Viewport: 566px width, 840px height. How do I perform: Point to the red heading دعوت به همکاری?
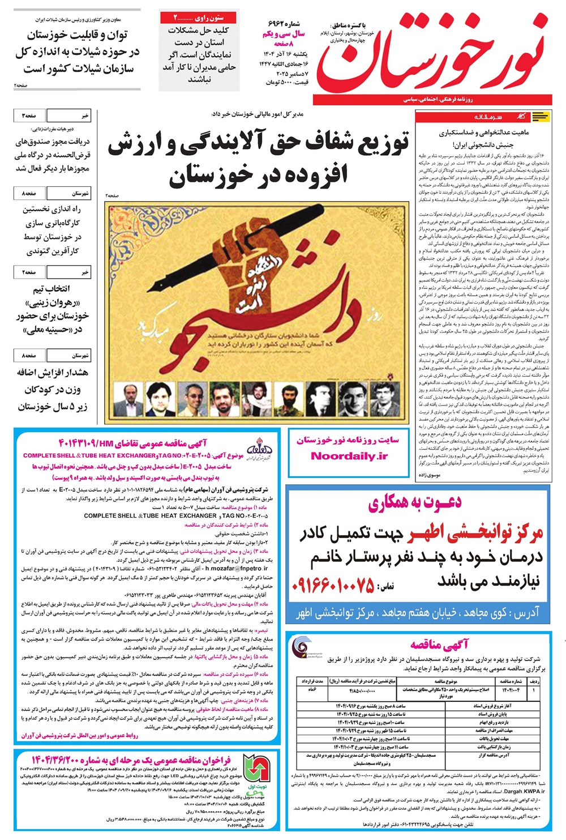tap(415, 502)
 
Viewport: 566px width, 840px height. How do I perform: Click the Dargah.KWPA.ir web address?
tap(526, 791)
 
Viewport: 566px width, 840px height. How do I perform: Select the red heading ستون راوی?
tap(198, 18)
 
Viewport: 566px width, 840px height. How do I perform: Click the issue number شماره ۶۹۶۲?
tap(286, 24)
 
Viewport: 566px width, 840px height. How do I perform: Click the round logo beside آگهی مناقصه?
tap(301, 647)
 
